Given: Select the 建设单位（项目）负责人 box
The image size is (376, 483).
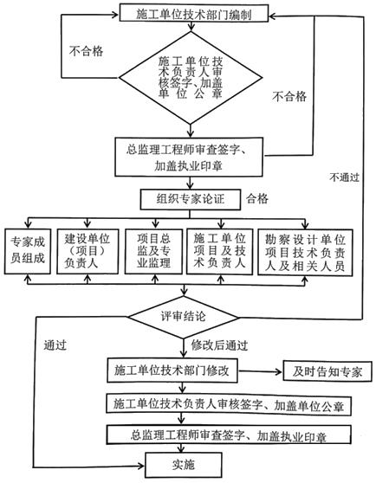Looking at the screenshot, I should coord(87,250).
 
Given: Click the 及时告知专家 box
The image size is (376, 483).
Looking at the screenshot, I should coord(328,370).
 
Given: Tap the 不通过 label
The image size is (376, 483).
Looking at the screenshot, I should coord(344,177).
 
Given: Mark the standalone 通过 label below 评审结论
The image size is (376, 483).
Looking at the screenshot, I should coord(55,343).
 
